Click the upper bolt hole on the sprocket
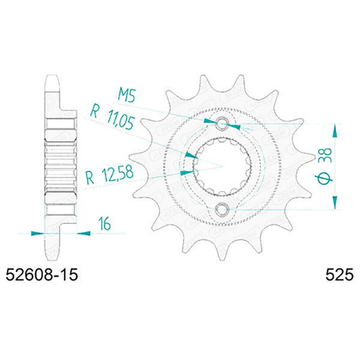tap(223, 124)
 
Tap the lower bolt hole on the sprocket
tap(223, 209)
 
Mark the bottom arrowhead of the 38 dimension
tap(335, 205)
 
